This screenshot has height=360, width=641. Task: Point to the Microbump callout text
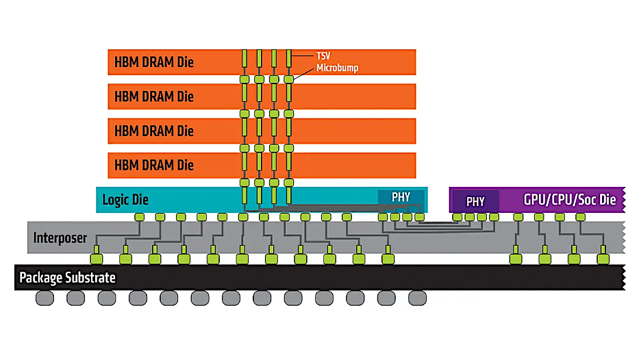pyautogui.click(x=337, y=68)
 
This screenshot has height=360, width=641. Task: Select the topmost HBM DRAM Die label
pyautogui.click(x=154, y=62)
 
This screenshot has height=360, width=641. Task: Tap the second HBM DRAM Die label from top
pyautogui.click(x=154, y=97)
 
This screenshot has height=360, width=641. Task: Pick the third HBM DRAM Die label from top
pyautogui.click(x=154, y=131)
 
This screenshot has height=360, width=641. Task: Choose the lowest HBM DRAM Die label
pyautogui.click(x=154, y=165)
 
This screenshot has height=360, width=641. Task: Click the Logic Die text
pyautogui.click(x=125, y=200)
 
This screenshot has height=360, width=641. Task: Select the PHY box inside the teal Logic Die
pyautogui.click(x=401, y=197)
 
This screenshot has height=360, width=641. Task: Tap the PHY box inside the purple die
pyautogui.click(x=475, y=202)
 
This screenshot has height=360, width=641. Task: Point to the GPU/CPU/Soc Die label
pyautogui.click(x=569, y=200)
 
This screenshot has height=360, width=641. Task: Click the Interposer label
pyautogui.click(x=60, y=239)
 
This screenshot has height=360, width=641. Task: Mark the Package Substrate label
pyautogui.click(x=67, y=277)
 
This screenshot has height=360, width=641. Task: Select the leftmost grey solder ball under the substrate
pyautogui.click(x=45, y=298)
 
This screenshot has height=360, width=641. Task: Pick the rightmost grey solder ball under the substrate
pyautogui.click(x=418, y=298)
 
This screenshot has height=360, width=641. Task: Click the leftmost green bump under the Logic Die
pyautogui.click(x=139, y=217)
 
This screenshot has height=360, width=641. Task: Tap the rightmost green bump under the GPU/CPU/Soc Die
pyautogui.click(x=581, y=217)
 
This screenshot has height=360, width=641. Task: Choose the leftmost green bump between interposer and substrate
pyautogui.click(x=97, y=259)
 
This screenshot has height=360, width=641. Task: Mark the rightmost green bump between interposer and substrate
pyautogui.click(x=602, y=259)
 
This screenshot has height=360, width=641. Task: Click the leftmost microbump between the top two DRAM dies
pyautogui.click(x=244, y=79)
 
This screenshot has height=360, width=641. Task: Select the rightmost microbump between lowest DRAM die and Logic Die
pyautogui.click(x=288, y=183)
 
